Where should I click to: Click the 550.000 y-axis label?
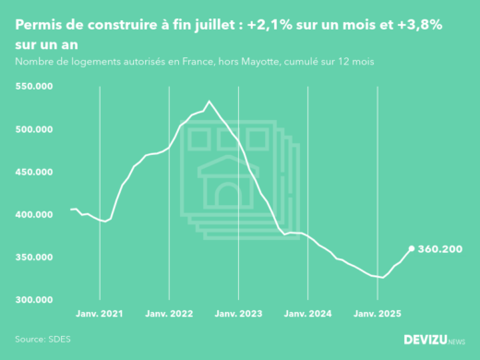click(x=34, y=86)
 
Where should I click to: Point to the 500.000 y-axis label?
click(x=34, y=129)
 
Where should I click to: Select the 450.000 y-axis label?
click(x=34, y=172)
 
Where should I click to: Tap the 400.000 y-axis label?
click(x=34, y=214)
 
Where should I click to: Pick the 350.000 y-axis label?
click(x=34, y=258)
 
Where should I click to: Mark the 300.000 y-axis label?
click(x=34, y=300)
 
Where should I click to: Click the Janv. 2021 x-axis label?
click(x=99, y=315)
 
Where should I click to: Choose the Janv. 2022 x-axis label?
click(x=168, y=315)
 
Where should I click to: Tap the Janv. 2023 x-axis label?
click(x=238, y=315)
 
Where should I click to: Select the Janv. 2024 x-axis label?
click(x=307, y=315)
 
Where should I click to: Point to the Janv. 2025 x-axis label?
click(x=378, y=315)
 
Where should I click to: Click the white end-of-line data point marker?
click(x=411, y=248)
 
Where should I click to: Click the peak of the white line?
click(x=209, y=101)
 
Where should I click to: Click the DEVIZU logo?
click(x=434, y=340)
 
